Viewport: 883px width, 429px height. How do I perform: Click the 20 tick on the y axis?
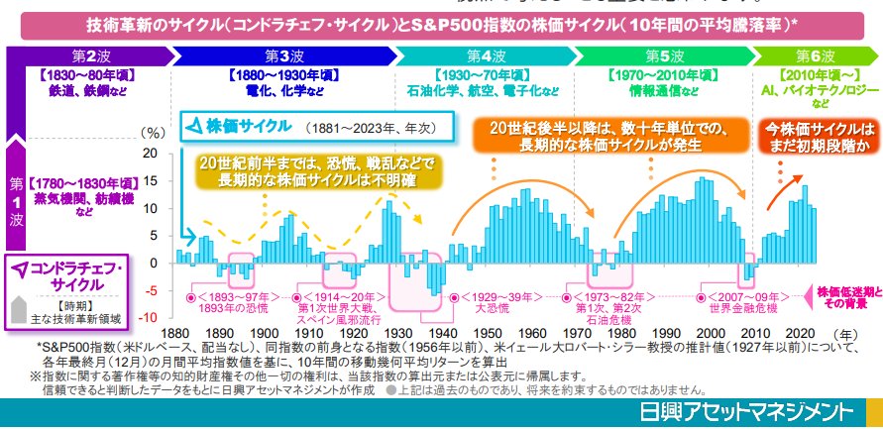coord(151,154)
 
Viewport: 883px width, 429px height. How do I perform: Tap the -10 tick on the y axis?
coord(149,317)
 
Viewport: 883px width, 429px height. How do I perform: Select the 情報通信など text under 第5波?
coord(657,89)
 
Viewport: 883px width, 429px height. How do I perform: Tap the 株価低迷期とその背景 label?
coord(848,297)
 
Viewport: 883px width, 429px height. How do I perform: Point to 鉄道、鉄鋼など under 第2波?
coord(86,89)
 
